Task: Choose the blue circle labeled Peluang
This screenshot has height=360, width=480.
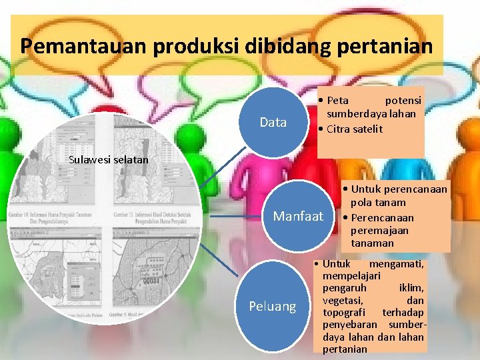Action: [x=272, y=306]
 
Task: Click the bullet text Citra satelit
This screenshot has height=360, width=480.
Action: [x=355, y=129]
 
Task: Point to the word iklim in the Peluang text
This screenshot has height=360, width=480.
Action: [x=411, y=289]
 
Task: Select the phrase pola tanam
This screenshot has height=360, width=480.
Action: [x=378, y=203]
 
